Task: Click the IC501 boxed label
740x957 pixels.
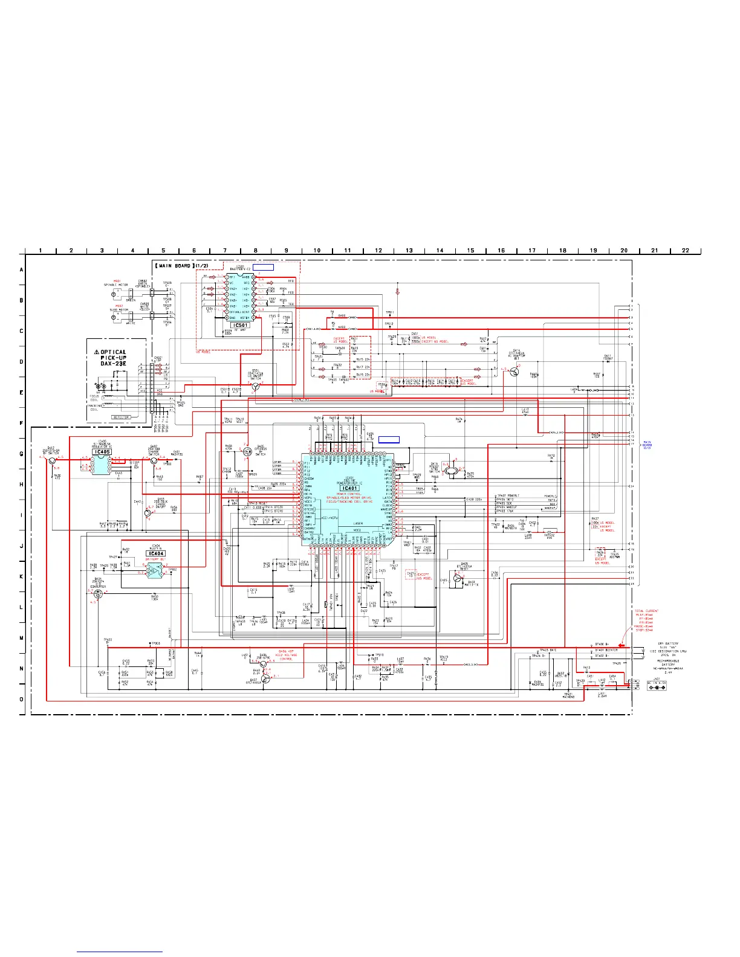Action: coord(240,325)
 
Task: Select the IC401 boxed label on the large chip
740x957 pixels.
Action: coord(349,489)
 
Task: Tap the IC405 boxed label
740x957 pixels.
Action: coord(102,452)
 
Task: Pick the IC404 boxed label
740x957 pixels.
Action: coord(155,553)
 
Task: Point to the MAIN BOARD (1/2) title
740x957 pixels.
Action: coord(180,266)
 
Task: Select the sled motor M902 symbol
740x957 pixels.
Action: coord(115,315)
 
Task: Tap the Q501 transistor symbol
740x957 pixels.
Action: coord(255,386)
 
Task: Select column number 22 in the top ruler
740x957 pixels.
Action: coord(685,250)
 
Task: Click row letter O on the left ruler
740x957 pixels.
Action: coord(22,700)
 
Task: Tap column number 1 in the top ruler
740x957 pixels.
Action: coord(41,250)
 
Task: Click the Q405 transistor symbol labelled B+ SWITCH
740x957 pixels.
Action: coord(247,451)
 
